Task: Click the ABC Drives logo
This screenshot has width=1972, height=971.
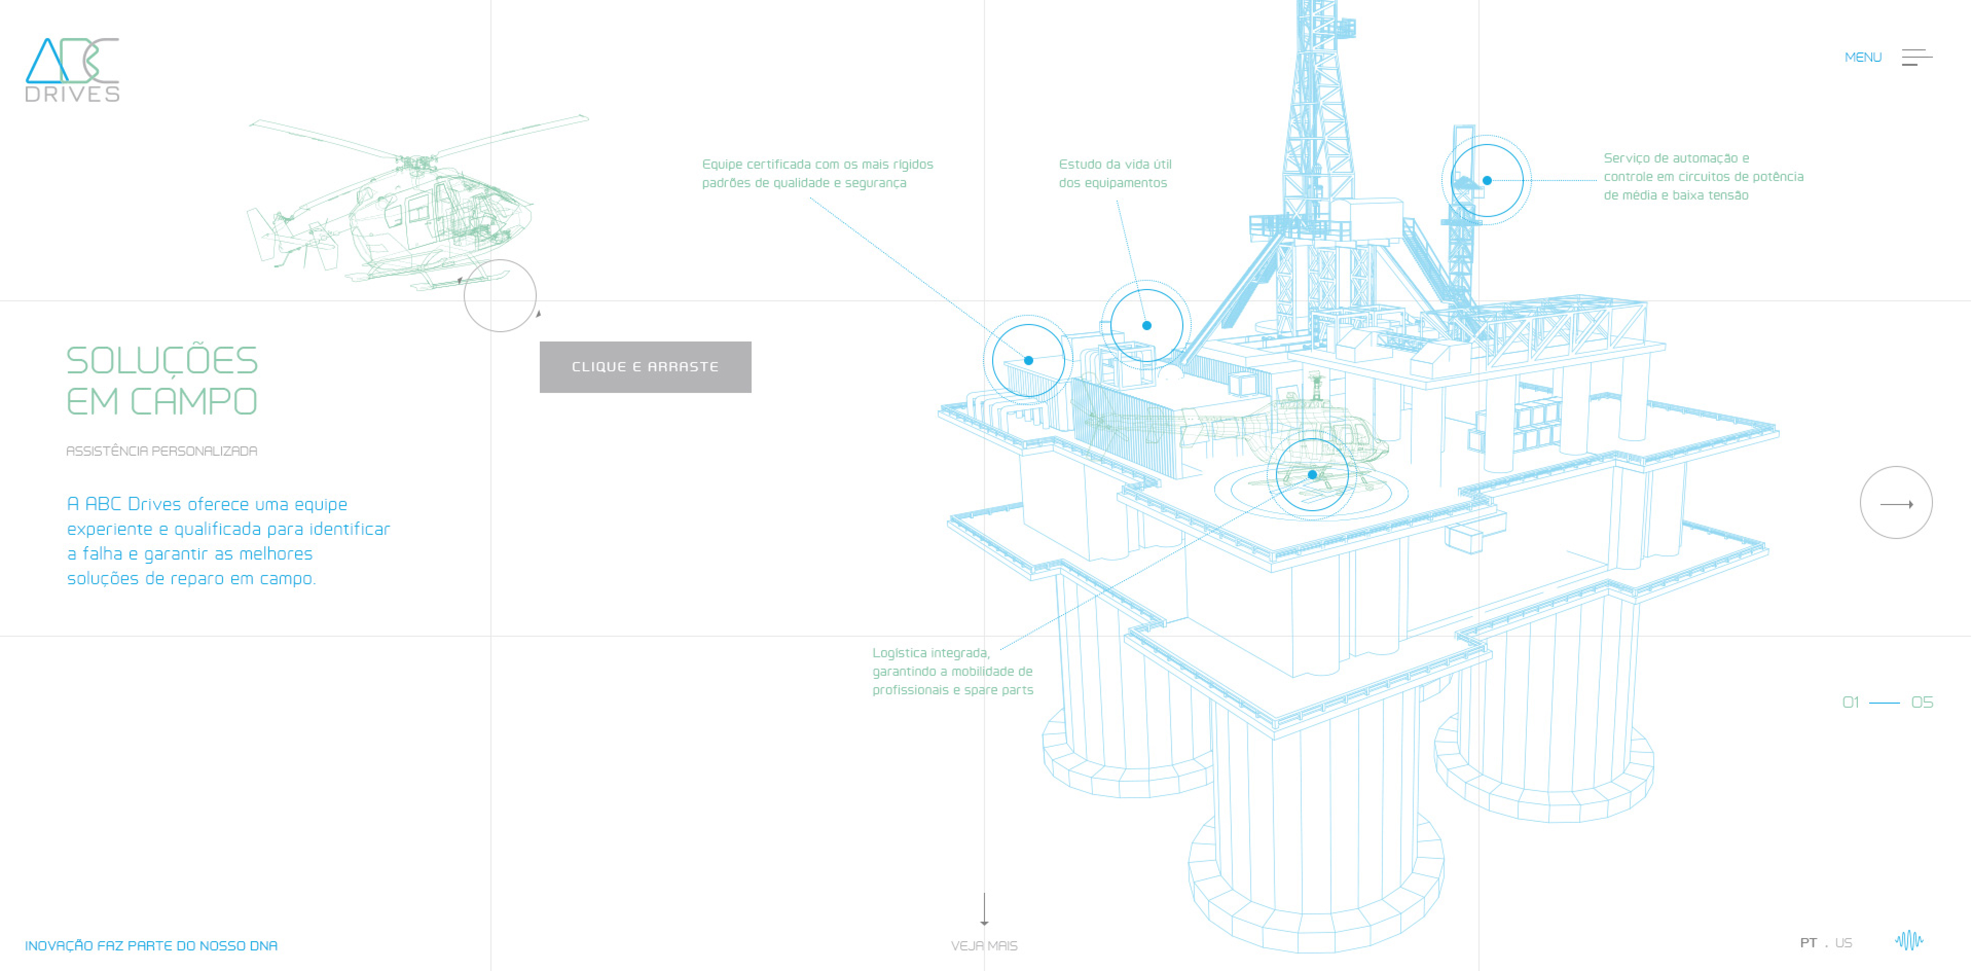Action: [x=72, y=69]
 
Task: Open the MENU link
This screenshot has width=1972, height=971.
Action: [x=1863, y=58]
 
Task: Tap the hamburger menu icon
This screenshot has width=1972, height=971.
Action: [x=1916, y=58]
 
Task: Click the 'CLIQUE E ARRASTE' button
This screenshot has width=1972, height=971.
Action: [x=645, y=367]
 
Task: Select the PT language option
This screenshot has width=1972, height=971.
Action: [x=1808, y=943]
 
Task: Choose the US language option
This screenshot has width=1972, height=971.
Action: [x=1843, y=943]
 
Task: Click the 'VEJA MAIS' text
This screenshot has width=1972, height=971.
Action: [x=984, y=946]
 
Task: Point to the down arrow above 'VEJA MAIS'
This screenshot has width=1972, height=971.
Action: [x=984, y=910]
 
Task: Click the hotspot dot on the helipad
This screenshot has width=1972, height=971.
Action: [x=1312, y=475]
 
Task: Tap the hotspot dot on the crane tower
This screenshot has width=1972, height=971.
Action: [x=1487, y=181]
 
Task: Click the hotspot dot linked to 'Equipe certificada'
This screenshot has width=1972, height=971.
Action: [x=1028, y=361]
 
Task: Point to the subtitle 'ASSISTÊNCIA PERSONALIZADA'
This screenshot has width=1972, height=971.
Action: [x=161, y=451]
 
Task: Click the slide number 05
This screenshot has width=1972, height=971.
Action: [x=1922, y=702]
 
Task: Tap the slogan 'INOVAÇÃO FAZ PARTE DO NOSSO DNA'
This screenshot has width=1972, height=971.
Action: [x=151, y=946]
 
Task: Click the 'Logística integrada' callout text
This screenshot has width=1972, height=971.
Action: [x=952, y=672]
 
